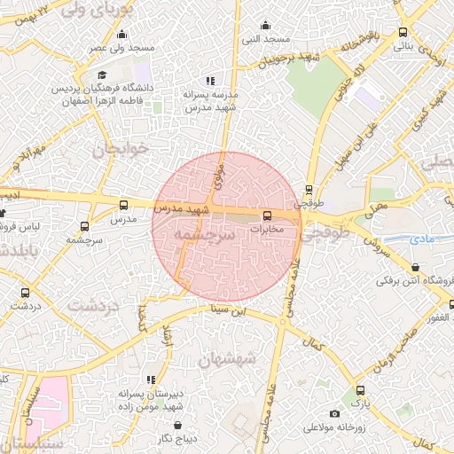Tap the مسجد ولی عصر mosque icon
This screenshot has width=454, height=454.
coord(121,34)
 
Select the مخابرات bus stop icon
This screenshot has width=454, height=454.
coord(266,215)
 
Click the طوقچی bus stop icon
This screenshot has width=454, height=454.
coord(309,189)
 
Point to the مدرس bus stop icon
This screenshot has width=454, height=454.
coord(122,204)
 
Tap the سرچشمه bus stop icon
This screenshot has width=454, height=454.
coord(84,226)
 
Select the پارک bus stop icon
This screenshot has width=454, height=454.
coord(359,390)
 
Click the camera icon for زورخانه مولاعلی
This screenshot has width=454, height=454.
coord(333,413)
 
